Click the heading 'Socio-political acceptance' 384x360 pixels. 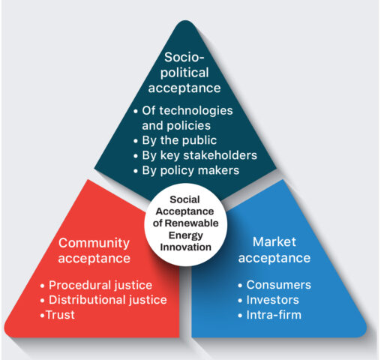184,73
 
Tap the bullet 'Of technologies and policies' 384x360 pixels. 183,118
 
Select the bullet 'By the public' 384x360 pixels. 175,140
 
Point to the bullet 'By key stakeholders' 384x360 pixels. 195,155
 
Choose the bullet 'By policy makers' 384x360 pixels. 186,170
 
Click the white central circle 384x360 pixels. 185,224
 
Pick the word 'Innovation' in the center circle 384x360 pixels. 186,247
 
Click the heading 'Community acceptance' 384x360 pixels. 94,250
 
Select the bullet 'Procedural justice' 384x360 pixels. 96,285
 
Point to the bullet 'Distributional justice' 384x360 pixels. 103,300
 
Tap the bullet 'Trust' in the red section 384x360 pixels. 58,315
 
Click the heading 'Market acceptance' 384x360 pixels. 274,250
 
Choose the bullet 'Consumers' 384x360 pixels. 274,285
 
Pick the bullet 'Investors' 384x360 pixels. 268,300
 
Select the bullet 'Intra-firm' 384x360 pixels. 270,315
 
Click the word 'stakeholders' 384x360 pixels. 220,155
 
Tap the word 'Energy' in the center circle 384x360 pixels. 186,235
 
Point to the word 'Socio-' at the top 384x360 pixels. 184,57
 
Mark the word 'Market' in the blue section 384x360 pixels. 274,242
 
